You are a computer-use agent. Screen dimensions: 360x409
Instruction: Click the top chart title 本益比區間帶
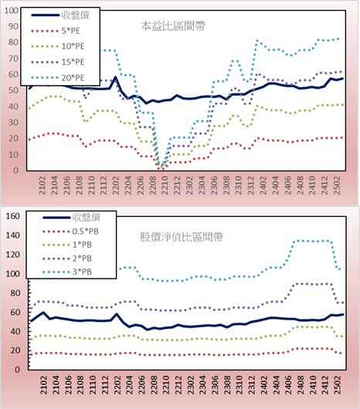click(173, 26)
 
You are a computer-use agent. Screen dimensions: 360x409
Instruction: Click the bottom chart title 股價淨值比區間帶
click(182, 237)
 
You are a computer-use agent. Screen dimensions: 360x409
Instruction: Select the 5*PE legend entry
click(56, 31)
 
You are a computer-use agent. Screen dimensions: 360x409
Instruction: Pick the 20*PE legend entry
click(58, 78)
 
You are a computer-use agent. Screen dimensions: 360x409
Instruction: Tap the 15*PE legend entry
click(58, 62)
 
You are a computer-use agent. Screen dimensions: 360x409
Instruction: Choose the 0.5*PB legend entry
click(70, 232)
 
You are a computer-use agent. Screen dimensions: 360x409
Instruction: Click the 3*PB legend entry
click(67, 272)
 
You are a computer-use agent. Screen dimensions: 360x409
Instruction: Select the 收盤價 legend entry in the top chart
click(60, 15)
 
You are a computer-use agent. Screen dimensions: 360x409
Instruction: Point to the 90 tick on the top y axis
click(13, 26)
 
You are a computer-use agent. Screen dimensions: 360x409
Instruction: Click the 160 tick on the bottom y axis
click(13, 216)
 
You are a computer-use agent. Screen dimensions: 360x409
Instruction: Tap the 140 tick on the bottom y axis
click(13, 235)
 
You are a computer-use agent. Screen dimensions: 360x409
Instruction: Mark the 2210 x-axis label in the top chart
click(165, 185)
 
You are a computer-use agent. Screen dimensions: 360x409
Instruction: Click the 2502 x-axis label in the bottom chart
click(338, 385)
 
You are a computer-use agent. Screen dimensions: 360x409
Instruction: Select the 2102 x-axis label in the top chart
click(42, 185)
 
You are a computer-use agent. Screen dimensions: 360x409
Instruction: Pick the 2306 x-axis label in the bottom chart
click(215, 385)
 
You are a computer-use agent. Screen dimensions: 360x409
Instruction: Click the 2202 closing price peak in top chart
click(115, 77)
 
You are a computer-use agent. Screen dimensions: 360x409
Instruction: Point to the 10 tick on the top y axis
click(13, 154)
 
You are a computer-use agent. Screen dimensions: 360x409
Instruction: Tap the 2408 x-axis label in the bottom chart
click(301, 385)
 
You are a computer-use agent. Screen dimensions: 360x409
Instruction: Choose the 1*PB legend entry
click(67, 245)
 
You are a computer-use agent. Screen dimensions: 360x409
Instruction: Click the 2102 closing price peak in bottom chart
click(43, 313)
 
